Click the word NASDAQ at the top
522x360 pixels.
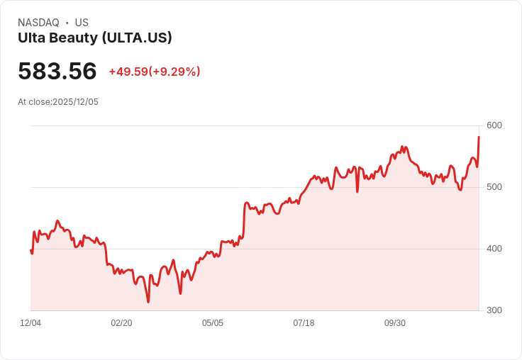38,23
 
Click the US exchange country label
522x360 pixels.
82,23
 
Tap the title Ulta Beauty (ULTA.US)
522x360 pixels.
95,38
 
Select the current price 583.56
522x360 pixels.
57,72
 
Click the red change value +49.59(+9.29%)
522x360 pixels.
155,72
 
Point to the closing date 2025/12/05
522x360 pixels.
76,102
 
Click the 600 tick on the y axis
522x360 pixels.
494,126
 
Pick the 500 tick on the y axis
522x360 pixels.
494,187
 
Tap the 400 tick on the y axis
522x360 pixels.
494,249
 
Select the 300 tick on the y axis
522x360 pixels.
494,310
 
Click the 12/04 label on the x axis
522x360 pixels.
30,323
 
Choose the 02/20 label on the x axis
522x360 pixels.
121,323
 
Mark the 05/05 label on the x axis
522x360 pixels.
213,323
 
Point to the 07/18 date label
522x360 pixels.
304,323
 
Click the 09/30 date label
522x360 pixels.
395,323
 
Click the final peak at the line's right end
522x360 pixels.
479,137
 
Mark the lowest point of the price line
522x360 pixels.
148,302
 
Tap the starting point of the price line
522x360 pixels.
30,249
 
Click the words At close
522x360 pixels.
34,102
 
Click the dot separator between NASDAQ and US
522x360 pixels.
67,23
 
